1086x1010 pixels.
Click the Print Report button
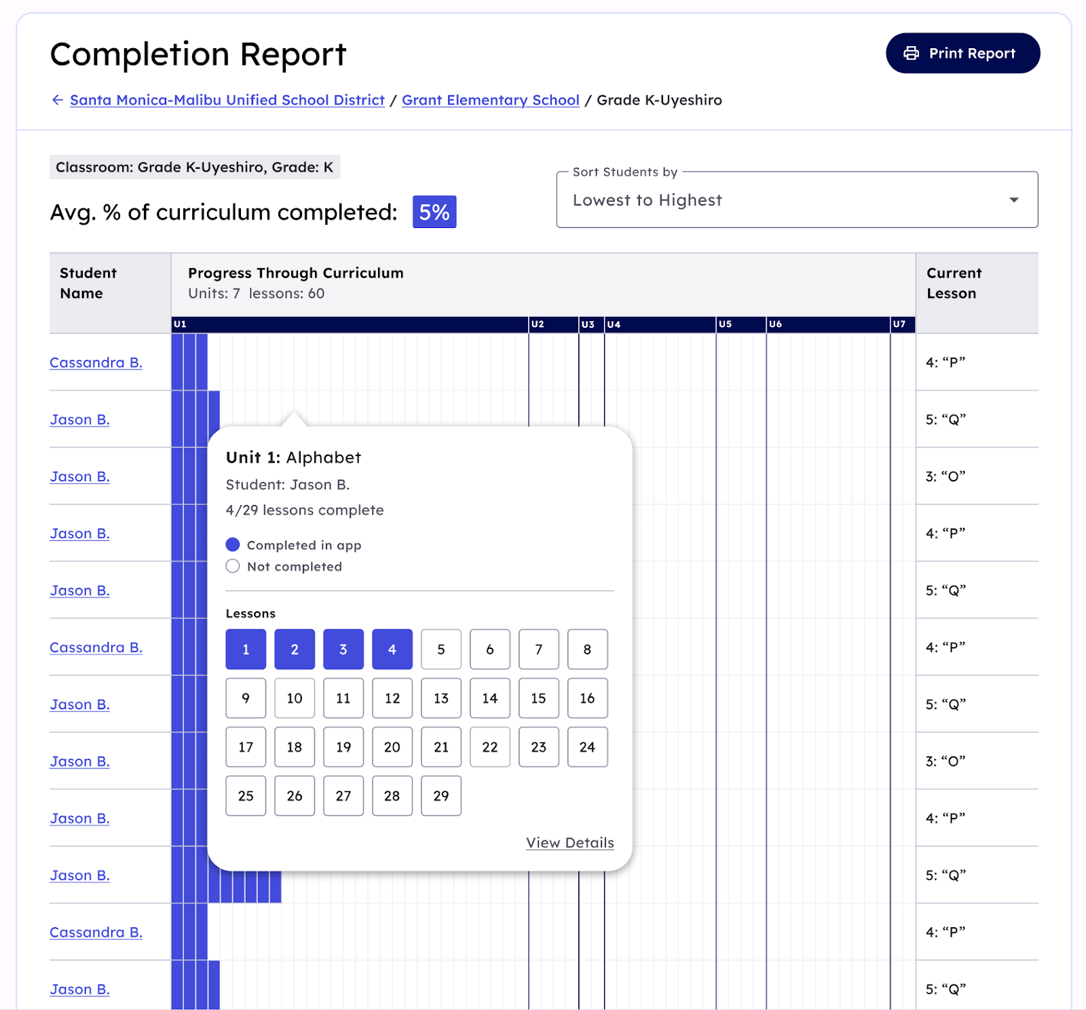tap(962, 54)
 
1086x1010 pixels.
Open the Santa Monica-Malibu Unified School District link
tap(227, 100)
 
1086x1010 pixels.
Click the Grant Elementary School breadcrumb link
tap(490, 100)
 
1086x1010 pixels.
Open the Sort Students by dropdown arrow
tap(1013, 200)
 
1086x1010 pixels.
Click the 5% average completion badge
tap(434, 212)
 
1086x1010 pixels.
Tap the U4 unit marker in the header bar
tap(614, 324)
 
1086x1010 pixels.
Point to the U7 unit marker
tap(899, 324)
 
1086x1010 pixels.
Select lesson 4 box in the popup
tap(392, 650)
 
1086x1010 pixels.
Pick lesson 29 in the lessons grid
tap(441, 796)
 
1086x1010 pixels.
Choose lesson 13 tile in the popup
tap(441, 698)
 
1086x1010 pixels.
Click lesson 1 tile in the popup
tap(246, 650)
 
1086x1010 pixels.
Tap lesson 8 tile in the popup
tap(587, 650)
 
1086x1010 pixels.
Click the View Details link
tap(569, 843)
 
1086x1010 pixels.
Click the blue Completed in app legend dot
tap(233, 545)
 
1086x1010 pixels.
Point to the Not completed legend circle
tap(233, 567)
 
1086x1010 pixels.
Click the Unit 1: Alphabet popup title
tap(293, 457)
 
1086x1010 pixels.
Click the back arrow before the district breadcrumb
tap(58, 100)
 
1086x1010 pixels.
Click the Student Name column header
tap(88, 283)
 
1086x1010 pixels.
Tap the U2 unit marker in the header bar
tap(538, 324)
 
